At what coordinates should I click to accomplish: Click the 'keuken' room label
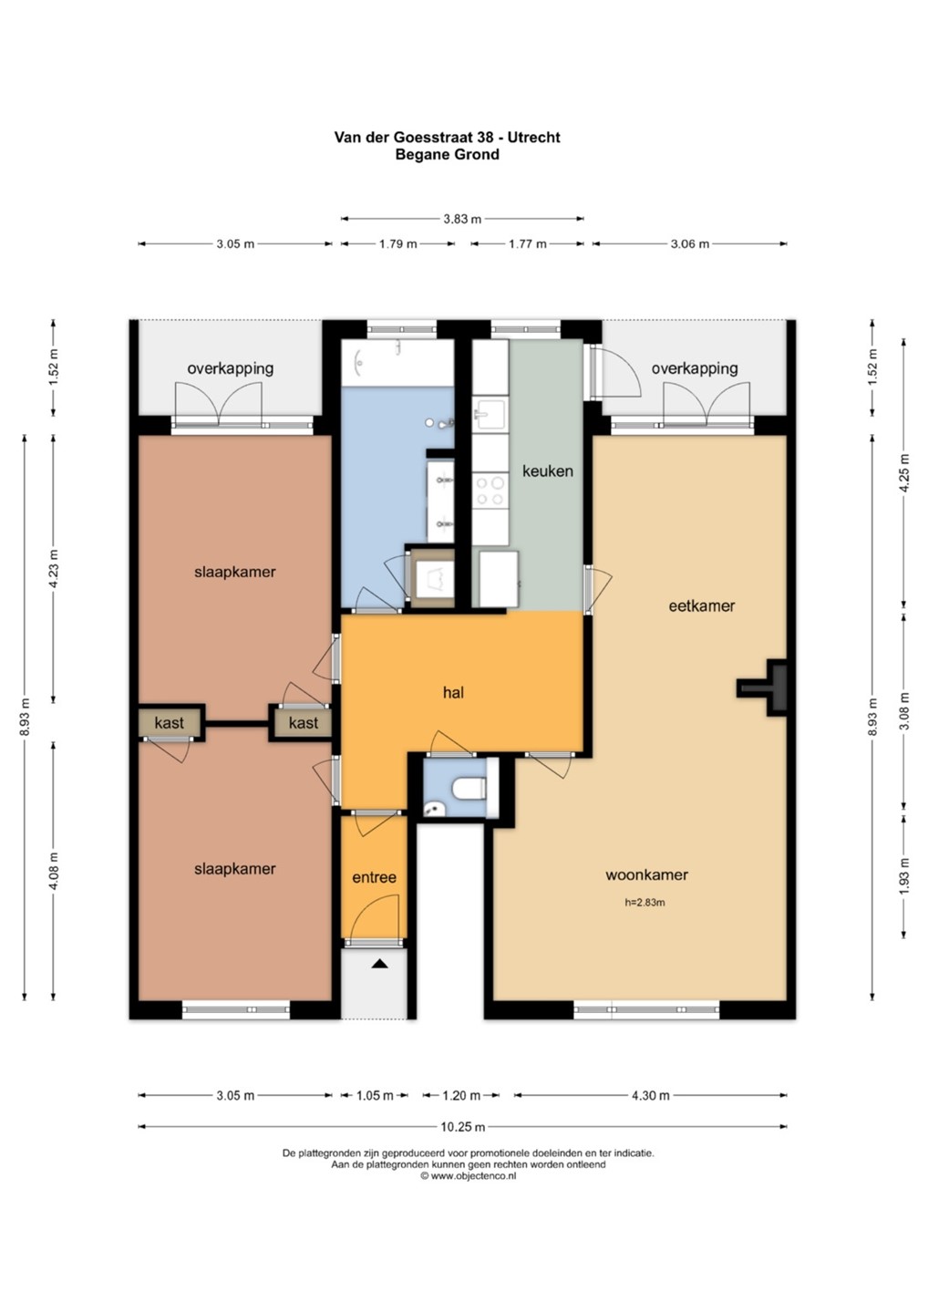click(x=547, y=470)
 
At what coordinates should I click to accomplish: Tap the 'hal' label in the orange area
click(x=453, y=693)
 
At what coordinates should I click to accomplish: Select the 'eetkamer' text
click(x=701, y=605)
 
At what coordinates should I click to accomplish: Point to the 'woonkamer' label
click(x=646, y=874)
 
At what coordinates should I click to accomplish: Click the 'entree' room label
click(x=374, y=877)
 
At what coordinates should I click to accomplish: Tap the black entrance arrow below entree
click(x=379, y=963)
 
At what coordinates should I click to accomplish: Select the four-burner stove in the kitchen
click(x=490, y=491)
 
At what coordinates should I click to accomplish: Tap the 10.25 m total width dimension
click(x=463, y=1127)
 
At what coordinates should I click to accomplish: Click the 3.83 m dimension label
click(x=462, y=219)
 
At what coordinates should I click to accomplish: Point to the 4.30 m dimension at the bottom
click(x=650, y=1095)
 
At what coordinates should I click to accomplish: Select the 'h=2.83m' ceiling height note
click(x=644, y=903)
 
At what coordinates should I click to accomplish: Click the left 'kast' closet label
click(x=170, y=723)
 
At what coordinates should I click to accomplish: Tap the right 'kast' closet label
click(x=304, y=723)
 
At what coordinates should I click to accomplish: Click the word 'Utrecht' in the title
click(x=533, y=137)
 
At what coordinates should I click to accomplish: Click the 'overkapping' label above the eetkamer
click(x=695, y=368)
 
